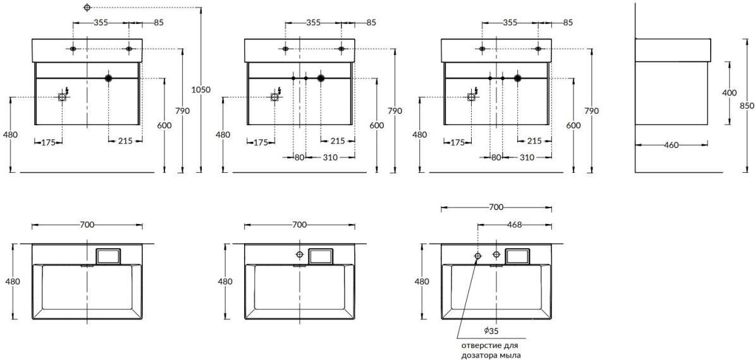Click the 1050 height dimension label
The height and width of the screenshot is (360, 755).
201,90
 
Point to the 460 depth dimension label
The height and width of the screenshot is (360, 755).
672,145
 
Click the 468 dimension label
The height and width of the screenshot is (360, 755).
514,225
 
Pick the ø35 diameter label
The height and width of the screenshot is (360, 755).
491,331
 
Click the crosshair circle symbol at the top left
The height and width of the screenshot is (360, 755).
87,7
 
